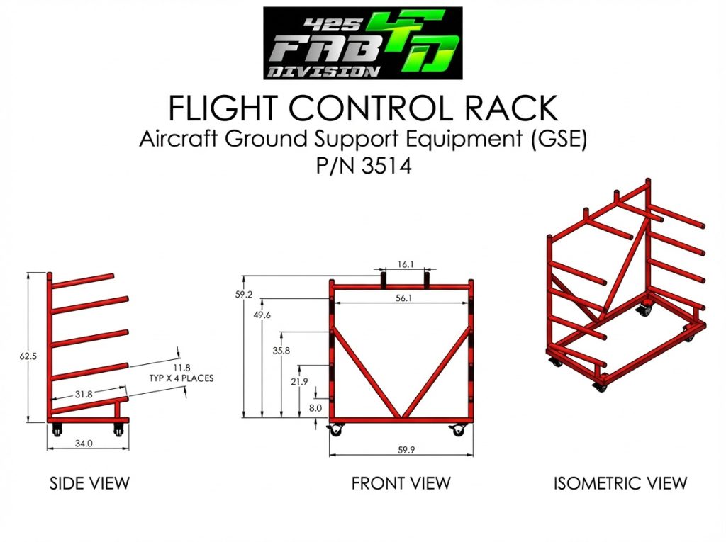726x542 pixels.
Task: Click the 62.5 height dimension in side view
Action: point(28,356)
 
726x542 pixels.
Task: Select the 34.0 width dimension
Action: point(84,444)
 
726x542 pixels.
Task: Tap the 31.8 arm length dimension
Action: point(84,395)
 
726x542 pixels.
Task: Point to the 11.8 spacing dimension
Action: point(181,368)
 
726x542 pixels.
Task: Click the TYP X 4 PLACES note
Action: point(181,378)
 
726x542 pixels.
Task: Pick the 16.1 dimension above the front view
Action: point(405,264)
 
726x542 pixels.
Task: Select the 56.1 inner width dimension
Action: point(403,298)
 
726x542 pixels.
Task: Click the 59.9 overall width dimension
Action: point(406,450)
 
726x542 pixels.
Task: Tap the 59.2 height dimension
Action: point(244,294)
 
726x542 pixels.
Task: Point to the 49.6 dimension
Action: point(262,315)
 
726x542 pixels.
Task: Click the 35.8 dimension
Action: point(281,351)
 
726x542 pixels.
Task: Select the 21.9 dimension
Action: point(299,382)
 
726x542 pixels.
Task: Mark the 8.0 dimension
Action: point(315,408)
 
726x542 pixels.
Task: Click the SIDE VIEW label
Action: point(89,484)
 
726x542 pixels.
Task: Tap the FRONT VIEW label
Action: point(401,484)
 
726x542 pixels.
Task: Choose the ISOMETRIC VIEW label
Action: point(620,484)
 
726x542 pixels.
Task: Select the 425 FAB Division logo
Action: point(363,43)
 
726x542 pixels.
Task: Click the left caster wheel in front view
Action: point(335,431)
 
